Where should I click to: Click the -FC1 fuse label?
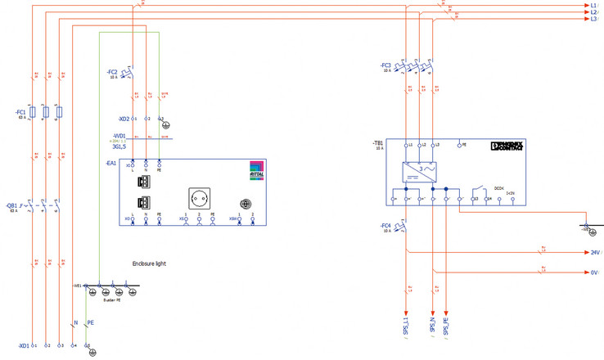pyautogui.click(x=20, y=111)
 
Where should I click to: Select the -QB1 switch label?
pyautogui.click(x=12, y=205)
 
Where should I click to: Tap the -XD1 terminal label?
pyautogui.click(x=24, y=346)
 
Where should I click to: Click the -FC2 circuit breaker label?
pyautogui.click(x=112, y=72)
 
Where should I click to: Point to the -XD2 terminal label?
pyautogui.click(x=124, y=119)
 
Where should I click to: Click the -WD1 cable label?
pyautogui.click(x=119, y=136)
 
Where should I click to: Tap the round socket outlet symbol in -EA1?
pyautogui.click(x=198, y=196)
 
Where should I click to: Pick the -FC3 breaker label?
pyautogui.click(x=386, y=65)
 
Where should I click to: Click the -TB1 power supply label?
pyautogui.click(x=378, y=143)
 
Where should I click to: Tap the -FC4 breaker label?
pyautogui.click(x=386, y=225)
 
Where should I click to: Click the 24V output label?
pyautogui.click(x=595, y=253)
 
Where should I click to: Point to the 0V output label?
pyautogui.click(x=595, y=272)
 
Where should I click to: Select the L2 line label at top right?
pyautogui.click(x=593, y=12)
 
